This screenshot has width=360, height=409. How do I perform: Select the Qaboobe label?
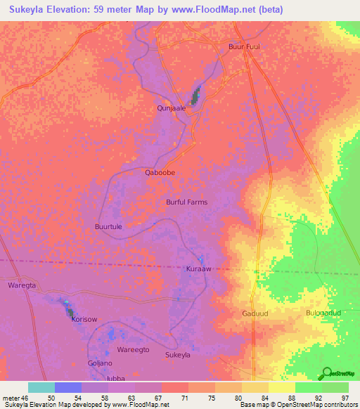click(160, 172)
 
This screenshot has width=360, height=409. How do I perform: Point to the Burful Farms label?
click(186, 202)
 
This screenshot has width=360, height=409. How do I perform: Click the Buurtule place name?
click(108, 227)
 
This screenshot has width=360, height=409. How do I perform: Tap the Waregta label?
click(21, 285)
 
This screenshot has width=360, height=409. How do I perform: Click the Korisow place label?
click(84, 319)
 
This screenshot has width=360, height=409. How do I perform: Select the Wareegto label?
click(133, 349)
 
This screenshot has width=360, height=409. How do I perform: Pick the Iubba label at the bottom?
click(115, 378)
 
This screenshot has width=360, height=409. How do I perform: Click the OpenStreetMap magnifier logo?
click(327, 372)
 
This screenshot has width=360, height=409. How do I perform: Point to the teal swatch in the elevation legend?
click(41, 387)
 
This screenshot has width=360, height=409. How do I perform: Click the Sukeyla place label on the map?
click(177, 355)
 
